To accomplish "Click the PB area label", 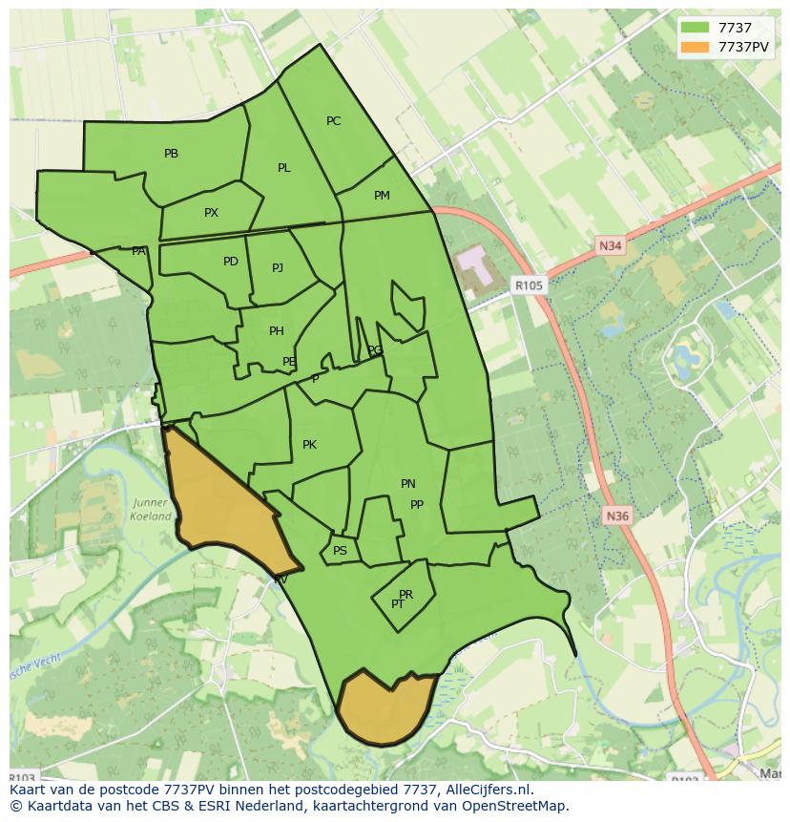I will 171,154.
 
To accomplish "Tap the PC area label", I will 333,121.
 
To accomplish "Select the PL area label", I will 283,168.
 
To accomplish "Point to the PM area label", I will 382,196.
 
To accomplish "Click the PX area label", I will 211,213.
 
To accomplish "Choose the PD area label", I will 230,262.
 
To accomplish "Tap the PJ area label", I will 277,268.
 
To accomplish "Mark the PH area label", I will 276,331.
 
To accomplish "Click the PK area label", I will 309,445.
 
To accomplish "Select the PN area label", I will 407,484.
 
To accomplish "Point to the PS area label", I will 340,551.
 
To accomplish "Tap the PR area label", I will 405,595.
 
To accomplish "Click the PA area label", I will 138,251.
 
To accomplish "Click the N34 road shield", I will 611,246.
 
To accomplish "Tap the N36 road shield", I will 617,516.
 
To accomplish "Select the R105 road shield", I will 528,285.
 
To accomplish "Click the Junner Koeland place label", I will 151,510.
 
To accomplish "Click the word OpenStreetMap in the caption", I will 516,806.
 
